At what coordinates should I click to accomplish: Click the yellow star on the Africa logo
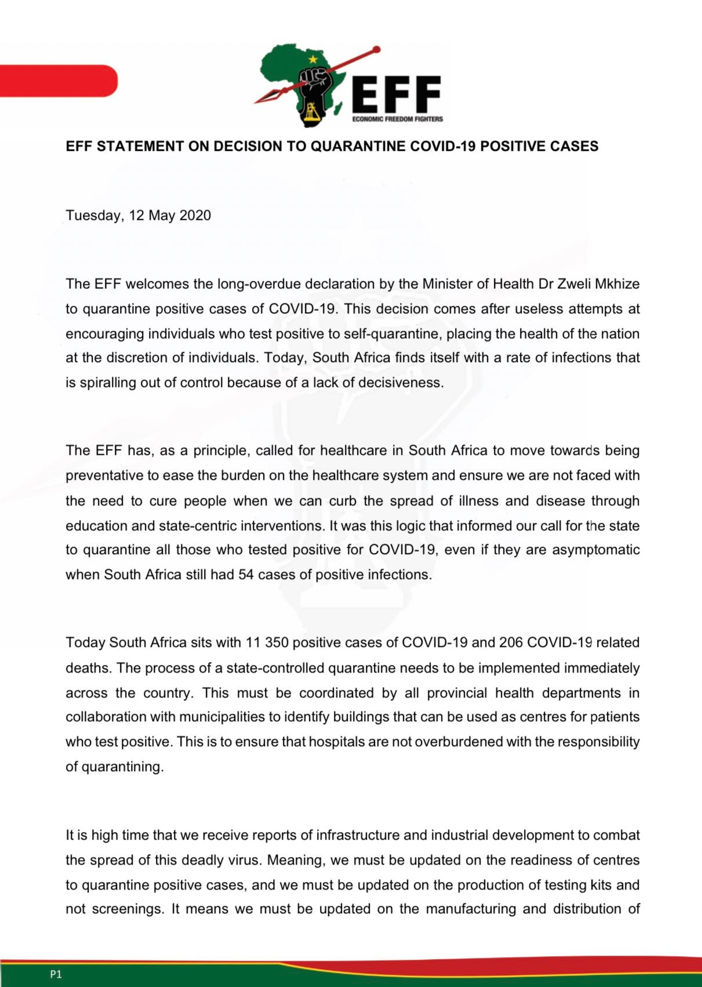click(314, 59)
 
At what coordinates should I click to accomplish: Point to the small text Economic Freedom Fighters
click(398, 119)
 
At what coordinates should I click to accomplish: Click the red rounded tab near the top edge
click(58, 81)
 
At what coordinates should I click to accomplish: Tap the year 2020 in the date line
click(195, 216)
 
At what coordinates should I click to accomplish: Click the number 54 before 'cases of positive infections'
click(246, 575)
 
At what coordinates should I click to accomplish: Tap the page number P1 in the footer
click(56, 974)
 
